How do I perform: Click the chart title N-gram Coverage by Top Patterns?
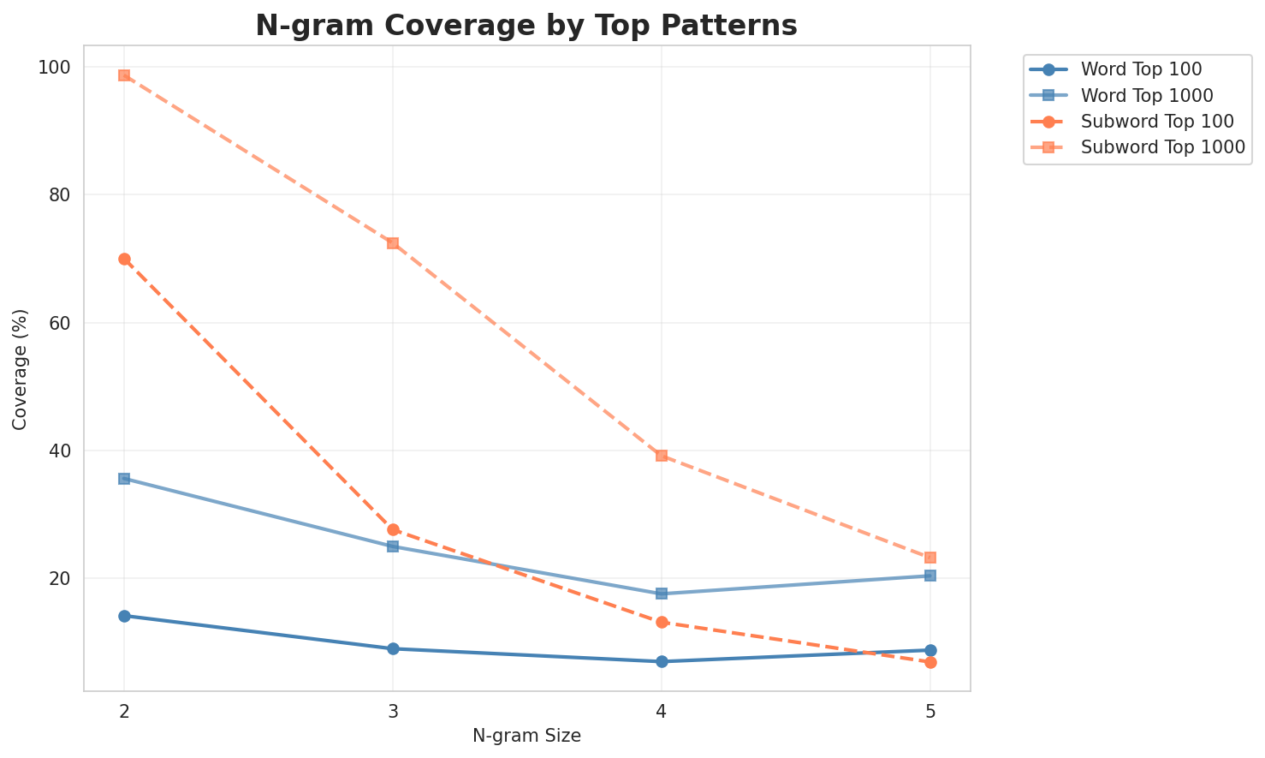click(526, 26)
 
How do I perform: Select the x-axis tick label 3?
click(393, 711)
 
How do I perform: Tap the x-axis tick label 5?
click(930, 711)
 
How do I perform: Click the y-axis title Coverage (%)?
click(20, 368)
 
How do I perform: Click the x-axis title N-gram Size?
click(526, 737)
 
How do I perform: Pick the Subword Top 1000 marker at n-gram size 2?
click(124, 75)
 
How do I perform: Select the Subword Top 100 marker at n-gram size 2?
click(124, 259)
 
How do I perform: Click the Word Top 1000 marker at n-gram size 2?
click(124, 479)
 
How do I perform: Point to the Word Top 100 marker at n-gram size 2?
click(124, 616)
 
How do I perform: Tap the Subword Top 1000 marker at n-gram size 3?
click(393, 243)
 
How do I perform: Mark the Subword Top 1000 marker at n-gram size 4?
click(662, 456)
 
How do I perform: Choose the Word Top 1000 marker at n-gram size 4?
click(662, 594)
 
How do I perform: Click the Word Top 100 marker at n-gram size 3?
click(393, 648)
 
